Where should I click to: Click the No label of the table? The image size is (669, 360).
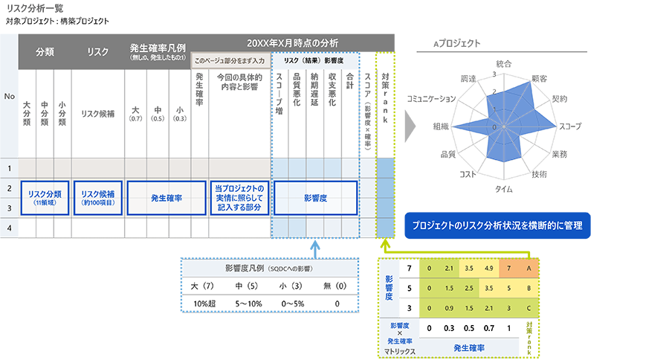[9, 97]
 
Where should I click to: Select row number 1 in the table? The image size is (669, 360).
[9, 169]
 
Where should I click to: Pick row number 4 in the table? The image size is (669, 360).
[9, 228]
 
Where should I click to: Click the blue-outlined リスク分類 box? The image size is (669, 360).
[45, 198]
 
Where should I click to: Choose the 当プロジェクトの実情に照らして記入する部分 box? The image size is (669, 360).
[238, 198]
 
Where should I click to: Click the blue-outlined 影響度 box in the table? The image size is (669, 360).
[316, 198]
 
